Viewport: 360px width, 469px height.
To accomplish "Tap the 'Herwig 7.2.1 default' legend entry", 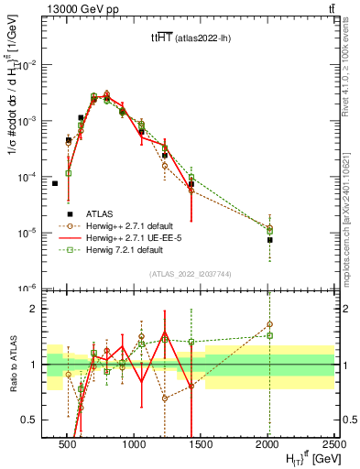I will point(137,249).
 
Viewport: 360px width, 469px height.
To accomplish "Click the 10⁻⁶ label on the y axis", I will point(29,288).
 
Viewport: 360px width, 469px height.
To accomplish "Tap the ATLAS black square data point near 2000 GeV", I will point(269,240).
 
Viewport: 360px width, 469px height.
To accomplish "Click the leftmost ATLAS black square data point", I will point(55,183).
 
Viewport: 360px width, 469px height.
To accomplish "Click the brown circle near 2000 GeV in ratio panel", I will point(269,324).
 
